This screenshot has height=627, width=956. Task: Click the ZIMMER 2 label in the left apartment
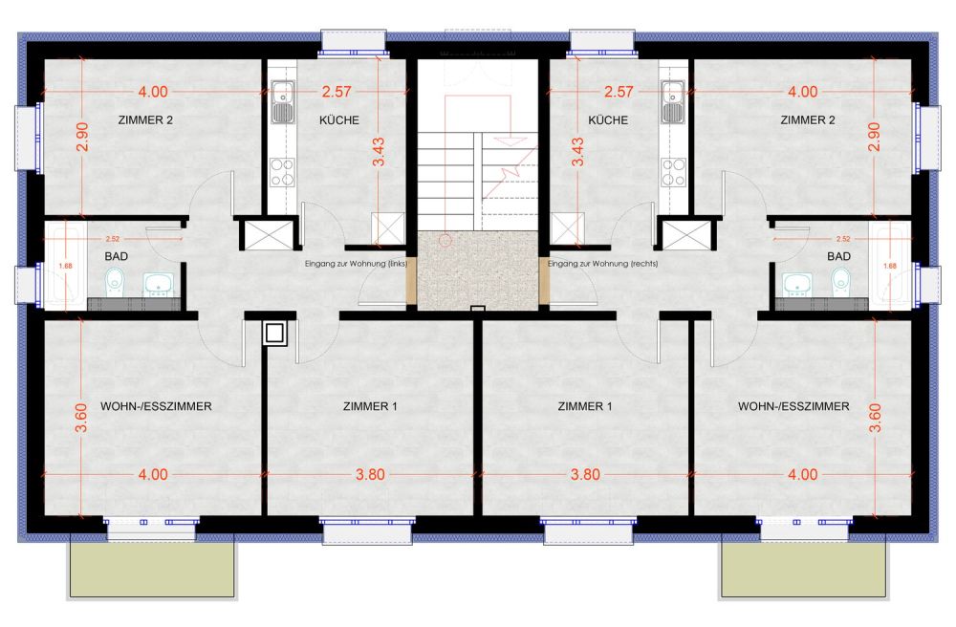click(x=145, y=120)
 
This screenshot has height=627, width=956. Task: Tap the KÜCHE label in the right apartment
click(x=608, y=120)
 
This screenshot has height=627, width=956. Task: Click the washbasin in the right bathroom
click(x=796, y=282)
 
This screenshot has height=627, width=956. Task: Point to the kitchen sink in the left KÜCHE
click(x=283, y=102)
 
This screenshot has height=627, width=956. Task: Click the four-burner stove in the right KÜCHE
click(x=672, y=173)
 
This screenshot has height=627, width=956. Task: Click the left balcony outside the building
click(x=152, y=571)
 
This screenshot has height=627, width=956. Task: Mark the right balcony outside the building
click(x=803, y=571)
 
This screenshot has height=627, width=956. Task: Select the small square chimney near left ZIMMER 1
click(x=274, y=334)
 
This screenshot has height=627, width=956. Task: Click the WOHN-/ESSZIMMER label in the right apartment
click(x=793, y=406)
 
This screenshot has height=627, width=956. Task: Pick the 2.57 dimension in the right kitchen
click(x=619, y=92)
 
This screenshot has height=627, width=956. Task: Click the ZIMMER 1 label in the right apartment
click(x=583, y=406)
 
